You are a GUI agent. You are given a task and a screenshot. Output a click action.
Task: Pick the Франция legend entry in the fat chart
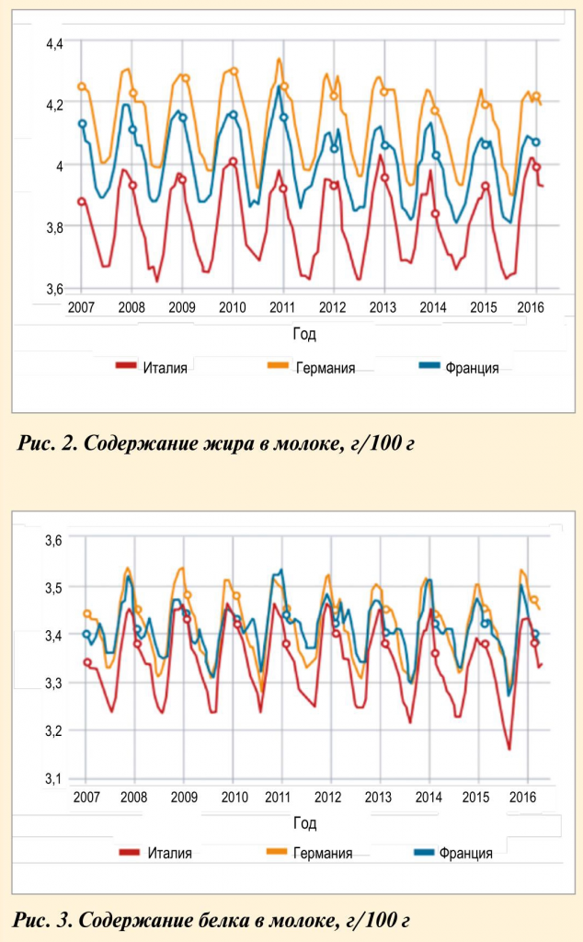click(x=471, y=368)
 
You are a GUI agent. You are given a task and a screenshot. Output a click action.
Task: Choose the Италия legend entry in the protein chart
click(x=169, y=853)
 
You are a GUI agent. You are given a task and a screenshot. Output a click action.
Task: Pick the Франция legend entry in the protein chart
click(x=465, y=853)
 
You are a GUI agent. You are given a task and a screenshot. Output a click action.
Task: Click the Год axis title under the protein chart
click(x=303, y=821)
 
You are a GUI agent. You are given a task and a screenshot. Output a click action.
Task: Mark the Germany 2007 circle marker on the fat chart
click(x=82, y=86)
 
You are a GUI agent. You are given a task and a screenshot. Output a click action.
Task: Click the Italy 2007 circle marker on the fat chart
click(x=82, y=201)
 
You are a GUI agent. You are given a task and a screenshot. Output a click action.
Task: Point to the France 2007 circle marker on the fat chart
click(x=82, y=123)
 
